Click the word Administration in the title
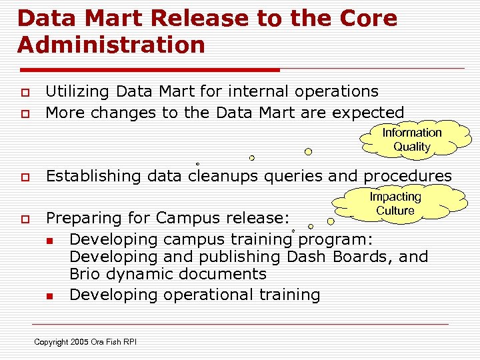click(111, 45)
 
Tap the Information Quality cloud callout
click(411, 139)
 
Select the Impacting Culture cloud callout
click(395, 203)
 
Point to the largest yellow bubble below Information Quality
click(308, 151)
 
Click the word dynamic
click(145, 274)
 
